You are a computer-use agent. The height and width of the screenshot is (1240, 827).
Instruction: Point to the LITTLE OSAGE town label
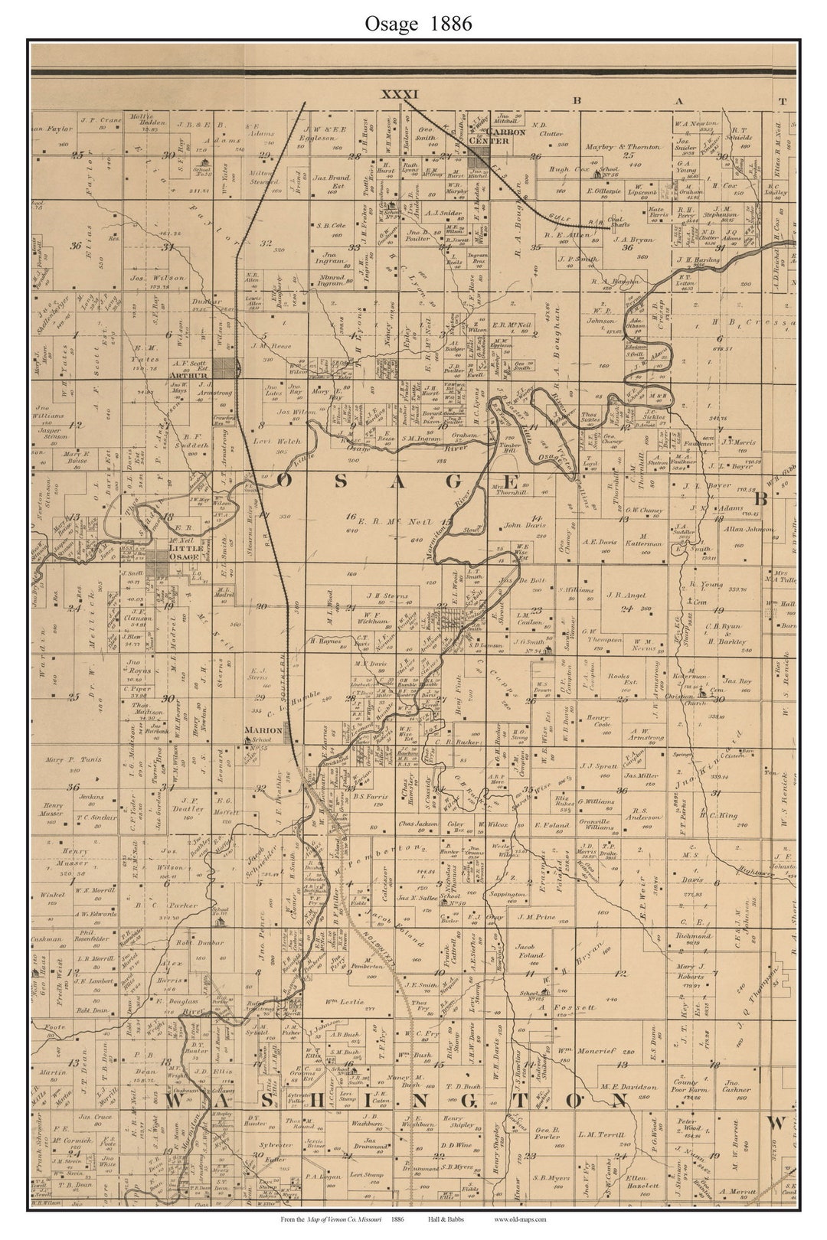pos(185,552)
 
